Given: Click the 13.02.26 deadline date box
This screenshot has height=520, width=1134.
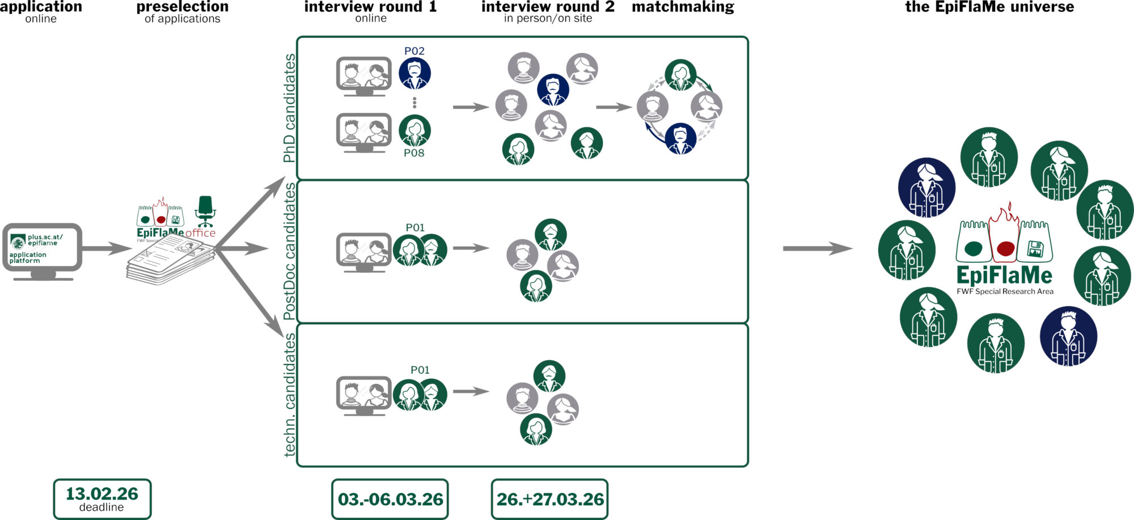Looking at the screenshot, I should pyautogui.click(x=102, y=498).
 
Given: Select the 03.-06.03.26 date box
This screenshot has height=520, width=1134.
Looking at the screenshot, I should pyautogui.click(x=390, y=499).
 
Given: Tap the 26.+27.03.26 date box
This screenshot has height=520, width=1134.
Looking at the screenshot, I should pyautogui.click(x=549, y=499).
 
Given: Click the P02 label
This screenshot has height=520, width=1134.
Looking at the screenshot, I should pyautogui.click(x=414, y=51).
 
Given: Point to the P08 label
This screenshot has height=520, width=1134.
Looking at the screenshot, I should pyautogui.click(x=414, y=153).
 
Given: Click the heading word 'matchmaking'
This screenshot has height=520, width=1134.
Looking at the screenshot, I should pyautogui.click(x=683, y=7).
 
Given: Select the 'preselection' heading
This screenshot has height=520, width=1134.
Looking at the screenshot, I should pyautogui.click(x=182, y=7).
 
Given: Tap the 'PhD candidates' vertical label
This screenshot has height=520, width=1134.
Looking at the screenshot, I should pyautogui.click(x=289, y=108).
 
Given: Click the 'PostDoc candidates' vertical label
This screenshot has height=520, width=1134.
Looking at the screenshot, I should pyautogui.click(x=289, y=251).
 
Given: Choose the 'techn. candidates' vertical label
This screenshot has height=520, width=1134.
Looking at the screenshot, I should pyautogui.click(x=289, y=395).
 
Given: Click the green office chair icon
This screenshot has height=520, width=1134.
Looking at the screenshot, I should pyautogui.click(x=205, y=211).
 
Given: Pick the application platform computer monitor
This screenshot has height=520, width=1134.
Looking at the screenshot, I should pyautogui.click(x=43, y=250).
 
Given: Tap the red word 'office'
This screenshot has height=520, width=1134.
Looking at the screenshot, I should pyautogui.click(x=200, y=233).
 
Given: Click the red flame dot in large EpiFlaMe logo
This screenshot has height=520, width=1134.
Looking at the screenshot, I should pyautogui.click(x=1005, y=248).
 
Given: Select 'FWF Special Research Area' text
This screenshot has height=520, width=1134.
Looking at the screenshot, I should pyautogui.click(x=1005, y=291).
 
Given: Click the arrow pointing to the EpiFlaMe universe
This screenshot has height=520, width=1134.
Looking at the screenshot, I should pyautogui.click(x=817, y=248).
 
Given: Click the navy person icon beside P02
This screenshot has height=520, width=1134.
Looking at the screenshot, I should pyautogui.click(x=414, y=73).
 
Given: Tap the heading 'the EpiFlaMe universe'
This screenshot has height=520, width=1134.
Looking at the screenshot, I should pyautogui.click(x=989, y=7).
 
